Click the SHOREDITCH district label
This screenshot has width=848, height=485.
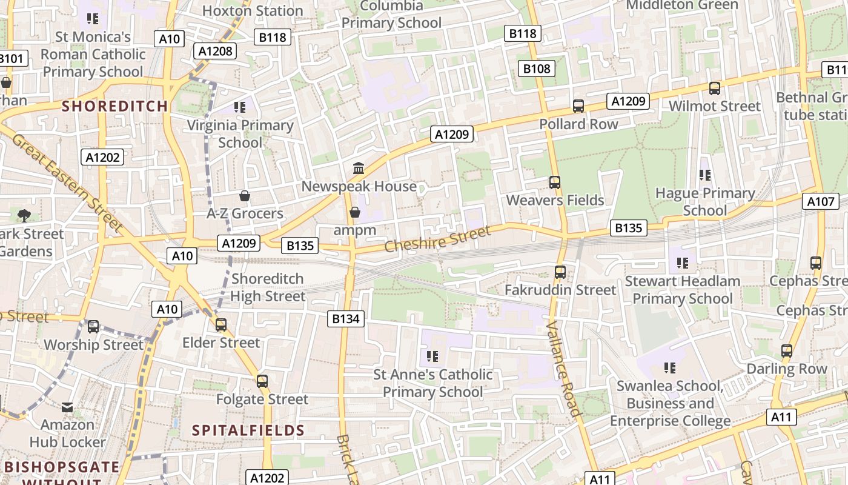point(115,106)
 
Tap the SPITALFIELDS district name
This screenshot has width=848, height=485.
point(248,431)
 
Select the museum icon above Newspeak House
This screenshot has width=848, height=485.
point(358,168)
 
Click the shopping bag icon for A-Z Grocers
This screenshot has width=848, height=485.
point(245,196)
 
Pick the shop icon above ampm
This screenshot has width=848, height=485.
point(355,212)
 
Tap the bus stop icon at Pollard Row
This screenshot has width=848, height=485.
point(578,106)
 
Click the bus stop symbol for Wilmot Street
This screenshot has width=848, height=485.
point(715,89)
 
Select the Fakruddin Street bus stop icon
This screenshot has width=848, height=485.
point(560,272)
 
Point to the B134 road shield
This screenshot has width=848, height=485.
point(346,318)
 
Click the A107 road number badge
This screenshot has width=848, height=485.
point(821,201)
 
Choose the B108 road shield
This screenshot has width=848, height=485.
point(537,69)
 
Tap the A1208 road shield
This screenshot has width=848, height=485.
point(216,51)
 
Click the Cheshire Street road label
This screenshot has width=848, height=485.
point(437,239)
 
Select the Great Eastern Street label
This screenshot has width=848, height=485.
point(67,182)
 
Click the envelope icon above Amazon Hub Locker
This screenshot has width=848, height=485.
point(67,407)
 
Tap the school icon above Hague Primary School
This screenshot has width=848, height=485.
point(704,175)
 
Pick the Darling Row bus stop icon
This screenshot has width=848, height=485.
point(787,351)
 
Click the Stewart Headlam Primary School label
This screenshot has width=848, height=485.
point(683,290)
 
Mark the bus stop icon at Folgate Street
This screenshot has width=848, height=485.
point(262,381)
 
